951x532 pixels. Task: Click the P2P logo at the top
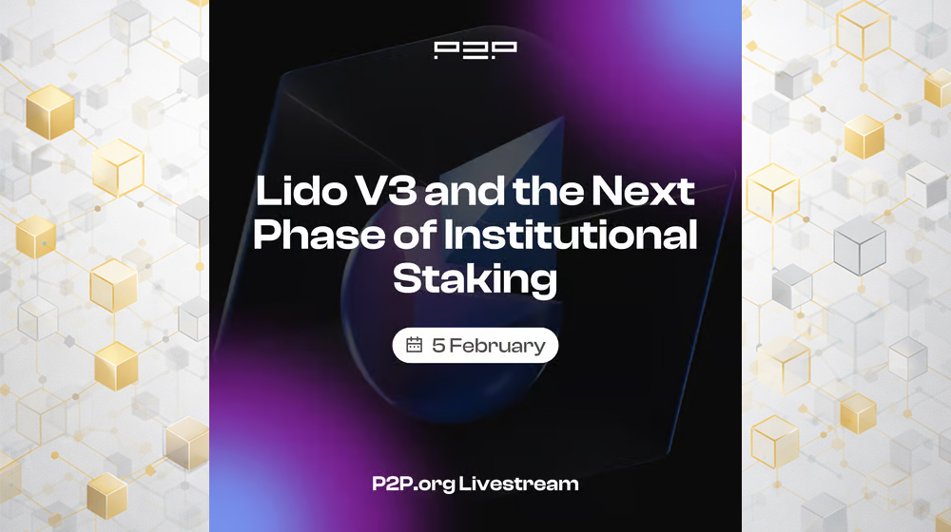[475, 50]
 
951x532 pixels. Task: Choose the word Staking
[475, 278]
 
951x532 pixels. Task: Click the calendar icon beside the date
[414, 345]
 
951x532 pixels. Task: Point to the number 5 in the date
[438, 345]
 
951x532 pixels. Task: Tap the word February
[497, 345]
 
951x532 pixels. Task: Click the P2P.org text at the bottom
[413, 484]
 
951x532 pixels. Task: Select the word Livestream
[518, 484]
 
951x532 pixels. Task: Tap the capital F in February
[456, 345]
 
